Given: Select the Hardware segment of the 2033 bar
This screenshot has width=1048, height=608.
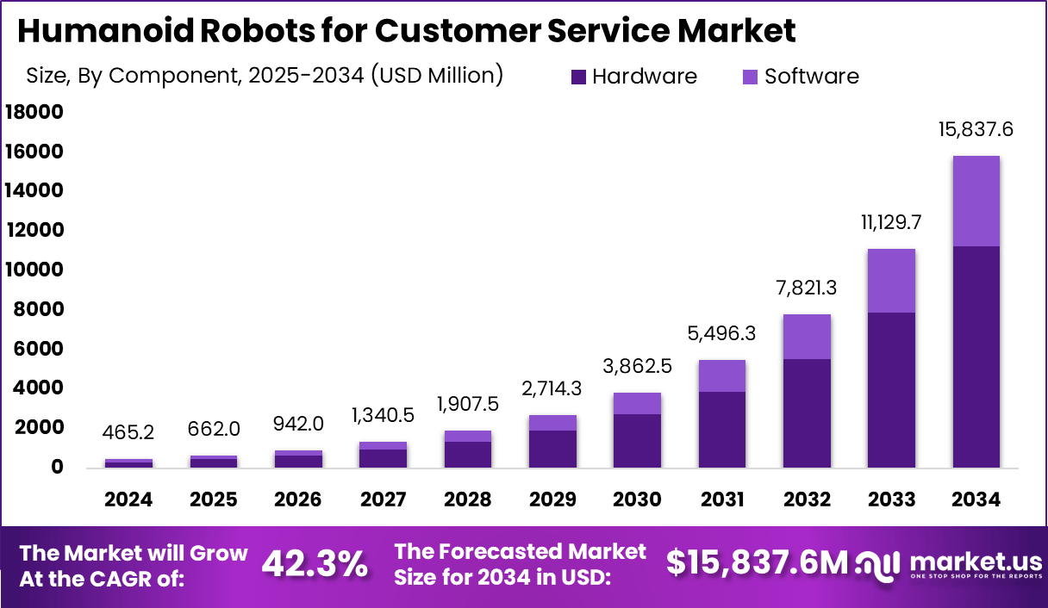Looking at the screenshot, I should (891, 389).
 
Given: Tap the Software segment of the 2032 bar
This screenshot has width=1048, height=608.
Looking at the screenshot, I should (807, 337).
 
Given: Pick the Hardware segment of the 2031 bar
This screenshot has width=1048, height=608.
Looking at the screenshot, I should (722, 429).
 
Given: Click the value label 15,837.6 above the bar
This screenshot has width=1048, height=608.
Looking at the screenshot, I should (976, 130).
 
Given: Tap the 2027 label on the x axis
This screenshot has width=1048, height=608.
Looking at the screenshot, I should (383, 499).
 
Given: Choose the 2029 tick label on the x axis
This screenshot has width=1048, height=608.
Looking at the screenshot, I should (552, 499).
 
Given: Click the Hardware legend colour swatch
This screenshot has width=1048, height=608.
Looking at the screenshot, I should (578, 77).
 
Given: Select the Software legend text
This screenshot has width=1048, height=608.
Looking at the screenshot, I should (812, 76).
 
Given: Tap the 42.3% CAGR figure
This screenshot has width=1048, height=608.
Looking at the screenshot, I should (315, 564).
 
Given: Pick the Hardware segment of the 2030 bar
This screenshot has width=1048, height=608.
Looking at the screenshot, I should (638, 440).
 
